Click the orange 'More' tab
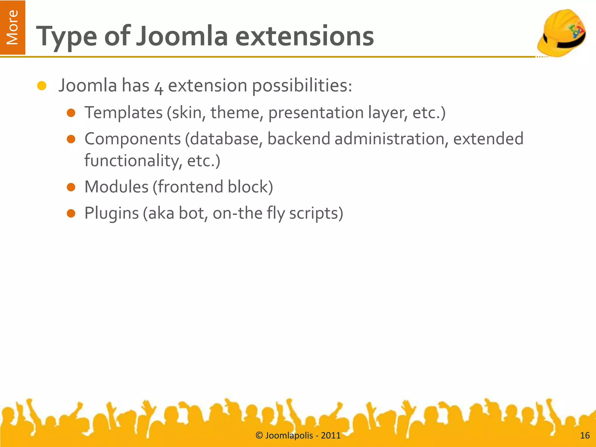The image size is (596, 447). (x=13, y=27)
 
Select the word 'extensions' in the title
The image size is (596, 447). (x=304, y=36)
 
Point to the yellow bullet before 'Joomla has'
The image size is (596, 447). (x=42, y=86)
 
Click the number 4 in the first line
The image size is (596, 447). (x=159, y=87)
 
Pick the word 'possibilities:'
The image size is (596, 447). (x=302, y=86)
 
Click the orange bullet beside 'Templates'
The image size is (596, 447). (x=71, y=113)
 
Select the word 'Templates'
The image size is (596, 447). (x=123, y=113)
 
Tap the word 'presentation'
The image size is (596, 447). (x=316, y=113)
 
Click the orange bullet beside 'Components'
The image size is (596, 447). (x=71, y=139)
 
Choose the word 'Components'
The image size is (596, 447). (x=133, y=139)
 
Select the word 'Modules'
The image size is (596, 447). (x=116, y=187)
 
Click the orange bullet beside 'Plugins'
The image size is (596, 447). (x=71, y=214)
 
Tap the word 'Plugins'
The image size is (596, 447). (x=111, y=213)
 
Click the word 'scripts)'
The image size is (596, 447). (x=316, y=213)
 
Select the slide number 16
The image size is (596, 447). (x=585, y=436)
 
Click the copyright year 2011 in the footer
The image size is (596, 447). (x=331, y=436)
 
